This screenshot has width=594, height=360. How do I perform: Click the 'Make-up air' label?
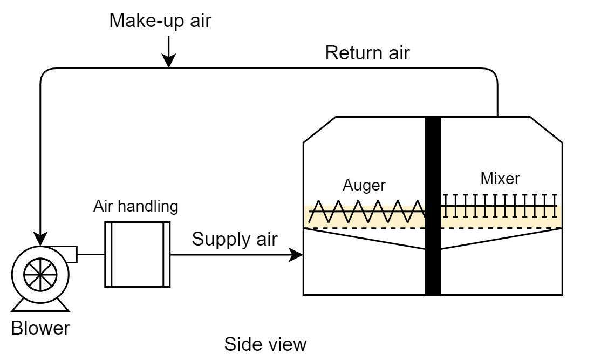coord(160,21)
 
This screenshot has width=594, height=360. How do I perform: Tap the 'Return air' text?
coord(367,53)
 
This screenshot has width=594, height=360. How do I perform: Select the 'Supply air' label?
coord(235,239)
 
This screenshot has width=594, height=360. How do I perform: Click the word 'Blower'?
coord(40,328)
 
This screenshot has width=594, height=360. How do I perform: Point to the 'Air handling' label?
coord(135,206)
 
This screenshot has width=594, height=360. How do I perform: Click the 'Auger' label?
coord(364,185)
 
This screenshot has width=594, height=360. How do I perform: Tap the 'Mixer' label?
coord(500,179)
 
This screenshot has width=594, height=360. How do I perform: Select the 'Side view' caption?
coord(265,344)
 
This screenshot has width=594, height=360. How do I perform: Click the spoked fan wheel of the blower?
coord(40,274)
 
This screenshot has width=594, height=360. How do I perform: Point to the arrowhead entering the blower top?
coord(40,239)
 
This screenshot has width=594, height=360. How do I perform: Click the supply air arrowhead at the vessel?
coord(296,255)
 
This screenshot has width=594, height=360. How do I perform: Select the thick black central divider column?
coord(433,206)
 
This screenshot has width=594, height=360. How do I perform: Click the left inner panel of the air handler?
coord(108,254)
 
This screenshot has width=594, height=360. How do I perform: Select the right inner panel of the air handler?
coord(166,254)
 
